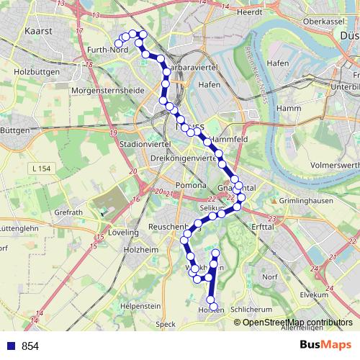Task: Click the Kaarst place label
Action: click(36, 32)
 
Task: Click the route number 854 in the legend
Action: click(30, 346)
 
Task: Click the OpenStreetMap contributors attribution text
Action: click(297, 322)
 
